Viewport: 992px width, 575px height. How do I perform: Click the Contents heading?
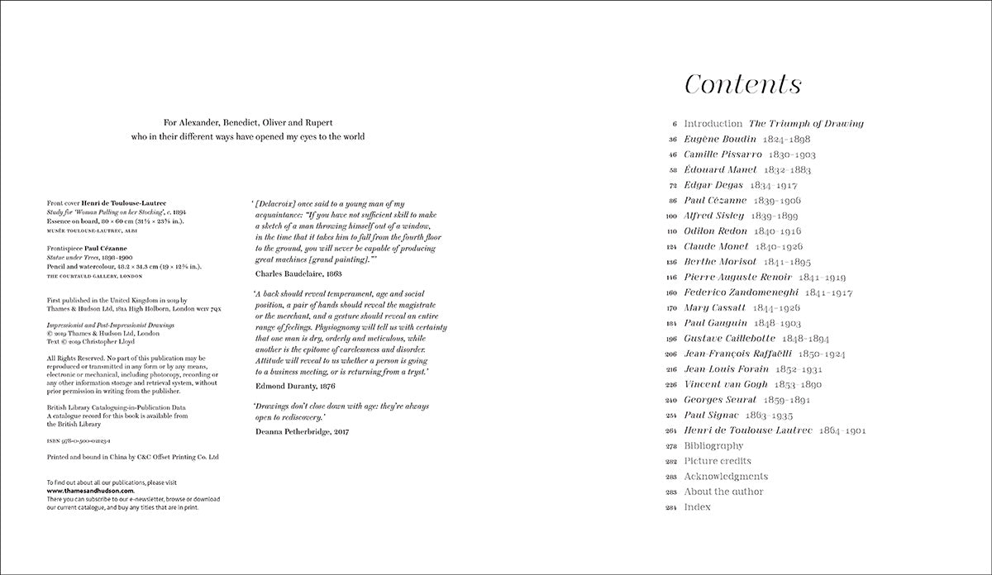(743, 85)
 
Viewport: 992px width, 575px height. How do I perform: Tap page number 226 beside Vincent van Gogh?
(670, 384)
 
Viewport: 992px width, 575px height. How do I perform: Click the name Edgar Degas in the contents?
(713, 185)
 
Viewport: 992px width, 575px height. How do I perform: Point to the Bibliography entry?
(719, 446)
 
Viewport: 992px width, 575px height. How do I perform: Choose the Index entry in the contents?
(697, 507)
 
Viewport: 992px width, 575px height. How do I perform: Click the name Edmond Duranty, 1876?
(294, 385)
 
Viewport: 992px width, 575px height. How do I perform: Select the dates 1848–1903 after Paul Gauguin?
(778, 323)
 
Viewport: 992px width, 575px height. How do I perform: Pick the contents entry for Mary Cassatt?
(715, 307)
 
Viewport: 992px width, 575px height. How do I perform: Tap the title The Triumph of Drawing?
(806, 124)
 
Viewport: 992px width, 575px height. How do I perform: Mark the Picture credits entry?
(718, 461)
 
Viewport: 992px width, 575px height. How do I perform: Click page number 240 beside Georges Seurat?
(670, 400)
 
